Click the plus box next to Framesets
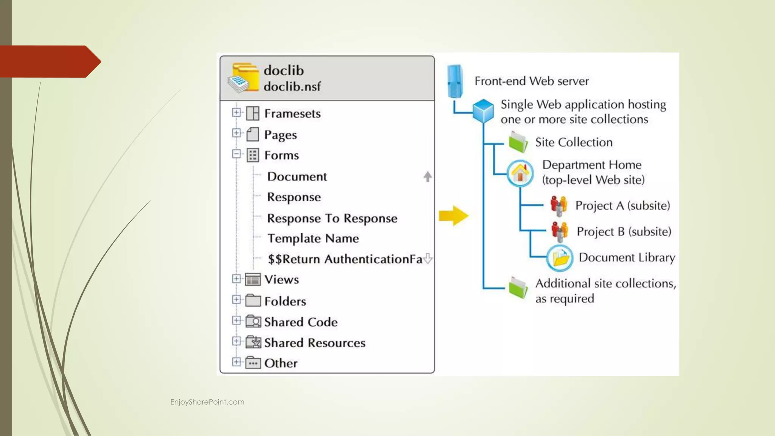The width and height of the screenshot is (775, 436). (x=236, y=112)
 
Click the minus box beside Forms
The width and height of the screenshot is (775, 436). (x=236, y=154)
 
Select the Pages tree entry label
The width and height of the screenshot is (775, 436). (x=280, y=135)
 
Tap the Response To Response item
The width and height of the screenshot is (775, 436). (x=332, y=218)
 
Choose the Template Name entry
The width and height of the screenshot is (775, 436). (x=313, y=238)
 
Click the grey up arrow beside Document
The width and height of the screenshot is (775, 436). (x=428, y=176)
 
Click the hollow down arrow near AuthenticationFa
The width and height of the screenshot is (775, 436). (x=428, y=258)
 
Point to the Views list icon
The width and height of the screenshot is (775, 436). (x=253, y=279)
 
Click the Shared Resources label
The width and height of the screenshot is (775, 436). (x=314, y=343)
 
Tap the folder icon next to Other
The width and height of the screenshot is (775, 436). (x=253, y=363)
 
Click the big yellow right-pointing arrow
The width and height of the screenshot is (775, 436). (x=454, y=216)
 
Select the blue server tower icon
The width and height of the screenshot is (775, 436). (x=454, y=81)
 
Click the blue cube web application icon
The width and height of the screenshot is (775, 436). (x=483, y=111)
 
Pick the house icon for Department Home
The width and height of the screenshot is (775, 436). (x=520, y=173)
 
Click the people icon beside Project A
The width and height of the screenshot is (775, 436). (x=559, y=206)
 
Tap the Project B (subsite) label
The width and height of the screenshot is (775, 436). (x=624, y=232)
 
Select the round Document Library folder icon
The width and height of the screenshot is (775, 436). (x=560, y=258)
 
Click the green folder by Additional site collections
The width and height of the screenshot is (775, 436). (x=518, y=287)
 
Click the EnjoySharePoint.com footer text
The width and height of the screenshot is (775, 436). (x=207, y=402)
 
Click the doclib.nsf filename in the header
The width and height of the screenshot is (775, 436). (x=292, y=87)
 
